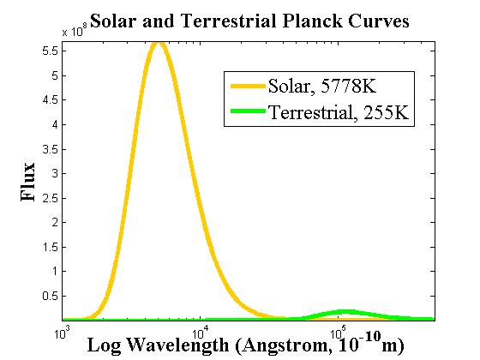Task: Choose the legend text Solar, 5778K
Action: [322, 86]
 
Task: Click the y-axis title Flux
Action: [29, 182]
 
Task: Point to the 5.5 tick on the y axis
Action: [50, 51]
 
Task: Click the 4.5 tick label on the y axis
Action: [50, 100]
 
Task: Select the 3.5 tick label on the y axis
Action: [50, 149]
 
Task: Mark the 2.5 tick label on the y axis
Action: [50, 198]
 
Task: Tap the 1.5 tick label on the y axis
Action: [50, 247]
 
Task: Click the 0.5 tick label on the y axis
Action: [50, 296]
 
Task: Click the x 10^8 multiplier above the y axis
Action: [72, 31]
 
